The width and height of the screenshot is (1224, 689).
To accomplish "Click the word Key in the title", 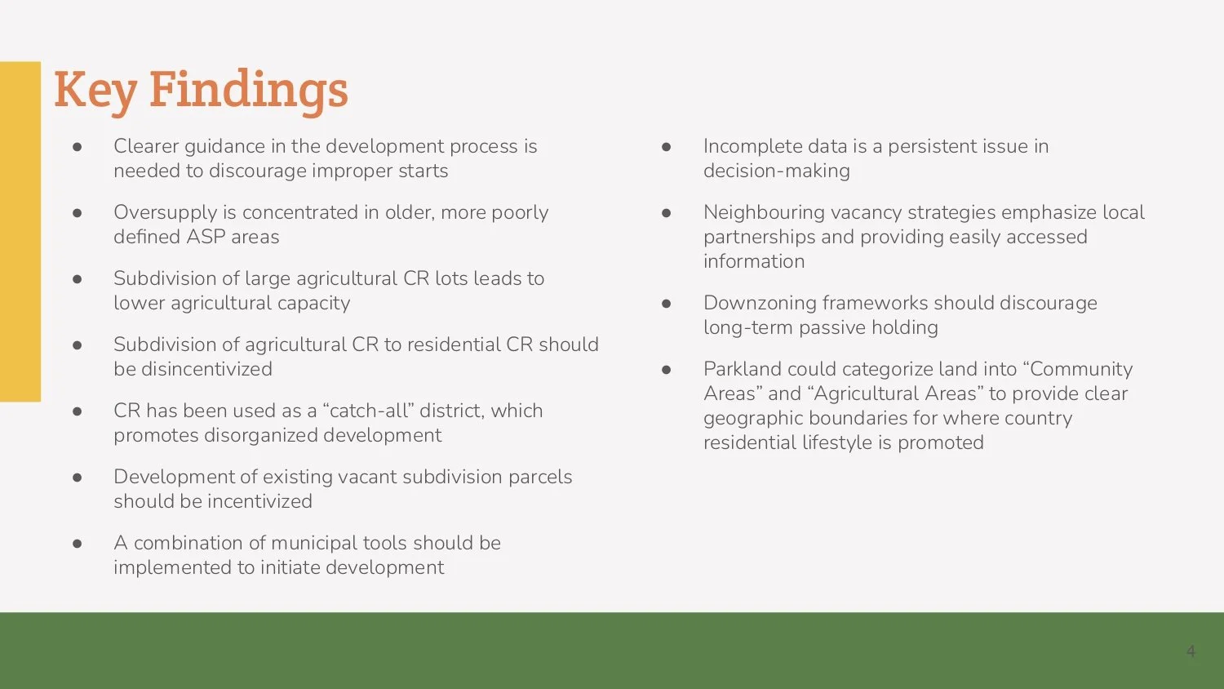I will point(95,90).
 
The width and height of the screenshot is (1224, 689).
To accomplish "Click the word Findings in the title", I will point(248,90).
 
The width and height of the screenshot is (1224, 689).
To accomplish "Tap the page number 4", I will point(1191,651).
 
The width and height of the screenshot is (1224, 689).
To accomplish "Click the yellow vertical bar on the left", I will point(20,231).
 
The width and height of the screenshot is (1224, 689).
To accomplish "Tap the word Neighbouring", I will point(764,212).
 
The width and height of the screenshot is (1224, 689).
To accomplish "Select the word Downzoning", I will point(760,303).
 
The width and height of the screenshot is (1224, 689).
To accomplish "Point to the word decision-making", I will point(776,171).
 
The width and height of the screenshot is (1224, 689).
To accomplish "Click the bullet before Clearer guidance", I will point(78,147).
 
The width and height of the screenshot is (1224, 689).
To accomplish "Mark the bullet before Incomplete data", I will point(666,147).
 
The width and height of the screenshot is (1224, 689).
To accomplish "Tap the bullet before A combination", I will point(78,544).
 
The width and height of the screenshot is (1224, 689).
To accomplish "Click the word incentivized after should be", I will point(258,501).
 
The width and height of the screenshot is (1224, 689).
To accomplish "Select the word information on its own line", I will point(753,261).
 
